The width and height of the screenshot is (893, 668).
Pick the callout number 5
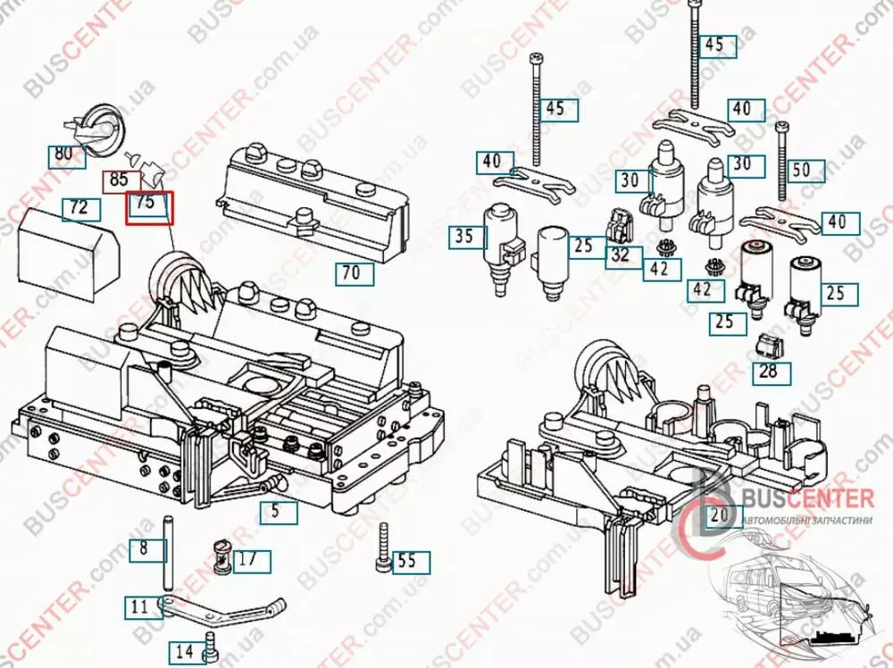click(x=276, y=512)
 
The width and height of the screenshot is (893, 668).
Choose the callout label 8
click(x=144, y=548)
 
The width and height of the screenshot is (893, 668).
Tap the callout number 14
click(x=185, y=651)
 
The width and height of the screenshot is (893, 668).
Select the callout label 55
click(x=407, y=562)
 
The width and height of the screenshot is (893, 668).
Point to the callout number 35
click(x=464, y=238)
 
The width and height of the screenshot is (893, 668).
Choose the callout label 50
click(x=802, y=170)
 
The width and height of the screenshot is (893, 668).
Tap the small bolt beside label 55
click(x=383, y=546)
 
